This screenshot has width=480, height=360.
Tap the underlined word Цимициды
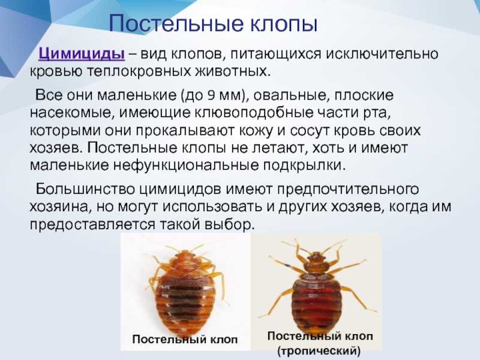(x=82, y=54)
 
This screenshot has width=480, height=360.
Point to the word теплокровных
(x=139, y=71)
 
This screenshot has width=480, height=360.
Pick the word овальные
(x=291, y=95)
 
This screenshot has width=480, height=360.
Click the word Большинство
(x=85, y=189)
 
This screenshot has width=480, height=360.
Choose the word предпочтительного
(x=347, y=190)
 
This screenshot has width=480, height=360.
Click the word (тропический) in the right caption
(x=319, y=350)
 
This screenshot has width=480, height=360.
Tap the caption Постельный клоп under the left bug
(x=185, y=339)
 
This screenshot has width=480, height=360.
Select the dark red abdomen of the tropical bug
(x=316, y=300)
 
